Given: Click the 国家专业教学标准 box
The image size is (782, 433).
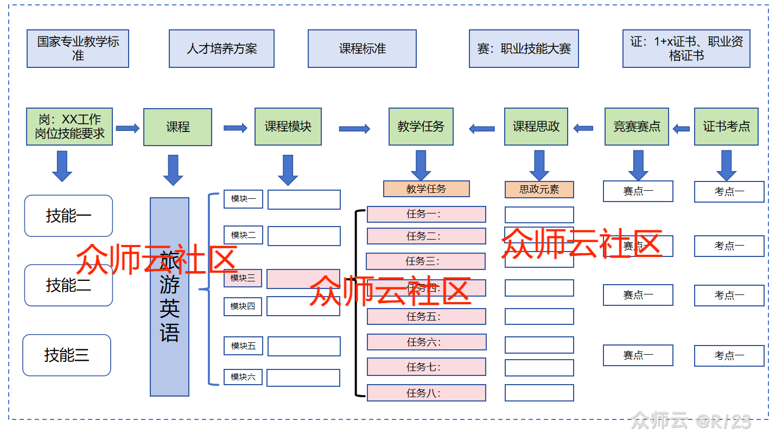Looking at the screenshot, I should coord(78,48).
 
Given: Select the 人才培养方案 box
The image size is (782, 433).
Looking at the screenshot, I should coord(221,48).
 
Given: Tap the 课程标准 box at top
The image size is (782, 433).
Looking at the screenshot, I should coord(362,48).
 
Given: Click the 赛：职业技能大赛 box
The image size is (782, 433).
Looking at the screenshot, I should coord(524,48).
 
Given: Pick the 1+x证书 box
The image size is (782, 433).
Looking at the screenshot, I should coord(686,48).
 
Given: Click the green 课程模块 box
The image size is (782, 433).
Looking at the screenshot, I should coord(288,127).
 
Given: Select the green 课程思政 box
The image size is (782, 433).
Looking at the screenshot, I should coord(536,127).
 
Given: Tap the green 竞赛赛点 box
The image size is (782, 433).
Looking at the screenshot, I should coord(637,127).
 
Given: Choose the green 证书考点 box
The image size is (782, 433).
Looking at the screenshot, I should coord(726,127).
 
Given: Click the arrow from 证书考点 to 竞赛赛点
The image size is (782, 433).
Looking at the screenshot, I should coord(681,129).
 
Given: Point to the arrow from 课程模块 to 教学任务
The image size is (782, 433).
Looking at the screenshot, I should coord(354,129).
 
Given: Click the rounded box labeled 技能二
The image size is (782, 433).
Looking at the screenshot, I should coord(68,285).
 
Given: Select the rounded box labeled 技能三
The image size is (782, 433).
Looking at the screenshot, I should coord(67,355).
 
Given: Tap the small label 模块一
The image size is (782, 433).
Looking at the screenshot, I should coord(243,199).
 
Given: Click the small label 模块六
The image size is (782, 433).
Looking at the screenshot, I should coord(243,377).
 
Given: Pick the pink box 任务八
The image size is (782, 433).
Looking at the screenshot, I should coord(426,393).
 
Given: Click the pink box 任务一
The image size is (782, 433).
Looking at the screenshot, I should coord(426,214).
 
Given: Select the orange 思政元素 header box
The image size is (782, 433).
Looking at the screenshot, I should coord(539,189).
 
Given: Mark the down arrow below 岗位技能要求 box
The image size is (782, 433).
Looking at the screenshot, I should coord(62,166).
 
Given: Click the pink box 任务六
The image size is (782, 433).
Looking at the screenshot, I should coord(426,342).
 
